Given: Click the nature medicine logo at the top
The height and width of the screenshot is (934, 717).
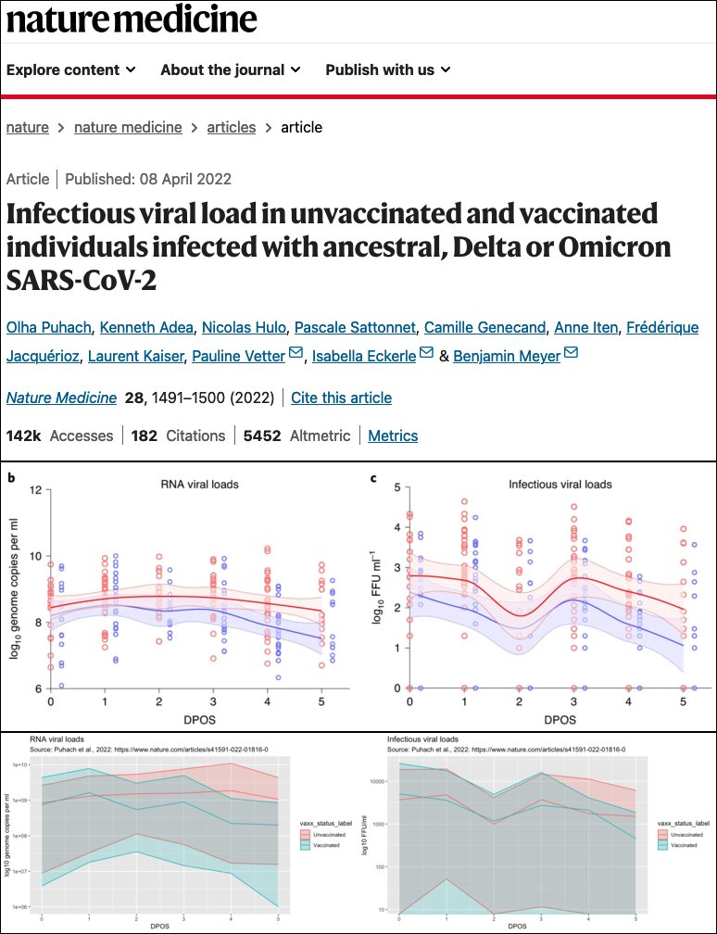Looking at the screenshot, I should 132,20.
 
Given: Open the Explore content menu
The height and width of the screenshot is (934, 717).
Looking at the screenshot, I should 71,69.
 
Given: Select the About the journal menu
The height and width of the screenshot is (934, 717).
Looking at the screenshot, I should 230,69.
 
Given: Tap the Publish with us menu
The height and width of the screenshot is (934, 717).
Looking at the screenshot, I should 387,69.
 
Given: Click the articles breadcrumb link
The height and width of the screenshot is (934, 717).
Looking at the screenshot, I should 231,127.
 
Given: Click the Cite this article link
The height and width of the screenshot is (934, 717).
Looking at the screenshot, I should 341,398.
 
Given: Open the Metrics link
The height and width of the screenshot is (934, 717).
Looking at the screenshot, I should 393,435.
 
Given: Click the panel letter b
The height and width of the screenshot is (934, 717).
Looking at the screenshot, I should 11,478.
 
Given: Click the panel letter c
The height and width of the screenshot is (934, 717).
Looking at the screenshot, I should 372,478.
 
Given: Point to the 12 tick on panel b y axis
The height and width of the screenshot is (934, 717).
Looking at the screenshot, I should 37,488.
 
